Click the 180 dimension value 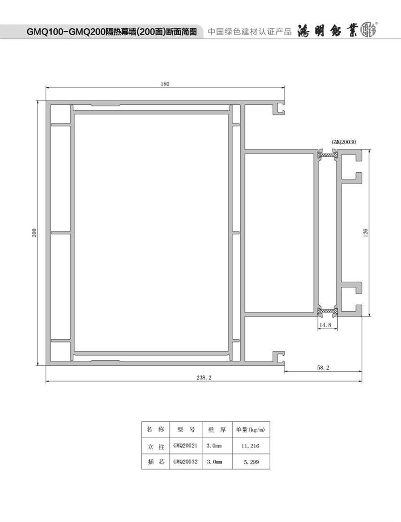pyautogui.click(x=165, y=84)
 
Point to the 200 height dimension pyautogui.click(x=34, y=233)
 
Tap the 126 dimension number pyautogui.click(x=365, y=233)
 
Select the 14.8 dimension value pyautogui.click(x=325, y=325)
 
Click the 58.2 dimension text pyautogui.click(x=323, y=368)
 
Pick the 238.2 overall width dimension pyautogui.click(x=204, y=378)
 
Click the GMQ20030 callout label pyautogui.click(x=344, y=142)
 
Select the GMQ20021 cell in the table pyautogui.click(x=185, y=445)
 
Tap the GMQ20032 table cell pyautogui.click(x=185, y=462)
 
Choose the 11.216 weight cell pyautogui.click(x=250, y=446)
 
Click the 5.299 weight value pyautogui.click(x=251, y=462)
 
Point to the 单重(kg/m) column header pyautogui.click(x=251, y=429)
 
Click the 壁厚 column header pyautogui.click(x=217, y=430)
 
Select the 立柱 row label pyautogui.click(x=156, y=447)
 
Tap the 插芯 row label pyautogui.click(x=156, y=462)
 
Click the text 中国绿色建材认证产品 pyautogui.click(x=249, y=32)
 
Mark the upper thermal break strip pyautogui.click(x=328, y=155)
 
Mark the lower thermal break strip pyautogui.click(x=328, y=311)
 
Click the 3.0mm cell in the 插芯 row pyautogui.click(x=215, y=462)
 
